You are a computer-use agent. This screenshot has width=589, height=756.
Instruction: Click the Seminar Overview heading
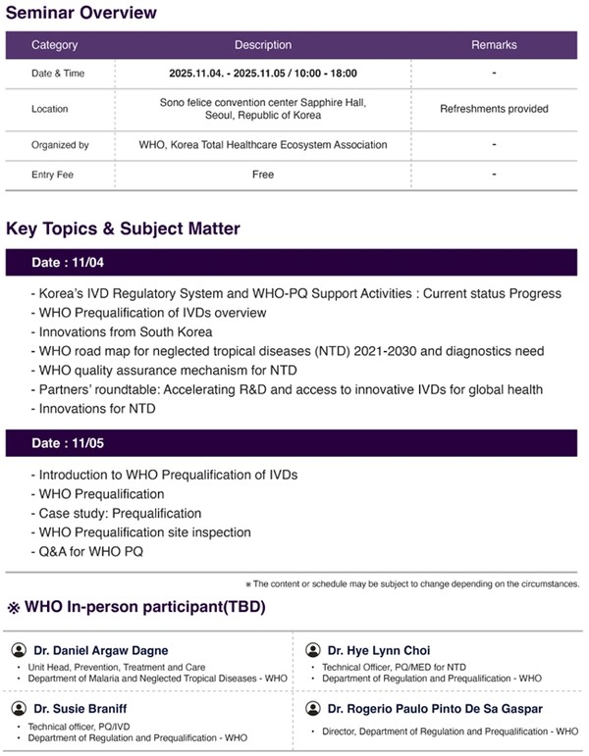(80, 13)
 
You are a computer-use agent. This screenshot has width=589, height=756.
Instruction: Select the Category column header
(54, 45)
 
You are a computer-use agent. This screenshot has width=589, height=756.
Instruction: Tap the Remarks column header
(494, 45)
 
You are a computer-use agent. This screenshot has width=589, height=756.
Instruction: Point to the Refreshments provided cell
(494, 109)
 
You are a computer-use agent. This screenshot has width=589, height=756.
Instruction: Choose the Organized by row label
(60, 145)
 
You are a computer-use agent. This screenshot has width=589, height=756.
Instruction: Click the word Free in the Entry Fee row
(262, 175)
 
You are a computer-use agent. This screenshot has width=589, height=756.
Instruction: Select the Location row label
(51, 109)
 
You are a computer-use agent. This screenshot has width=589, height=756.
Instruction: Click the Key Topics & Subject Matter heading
(123, 229)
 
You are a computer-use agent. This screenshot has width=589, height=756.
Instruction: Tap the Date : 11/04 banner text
(68, 264)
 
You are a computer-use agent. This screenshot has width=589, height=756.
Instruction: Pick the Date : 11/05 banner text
(68, 443)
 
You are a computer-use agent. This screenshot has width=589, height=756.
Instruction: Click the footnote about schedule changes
(411, 583)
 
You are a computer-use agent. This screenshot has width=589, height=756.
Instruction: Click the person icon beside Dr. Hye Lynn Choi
(312, 650)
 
